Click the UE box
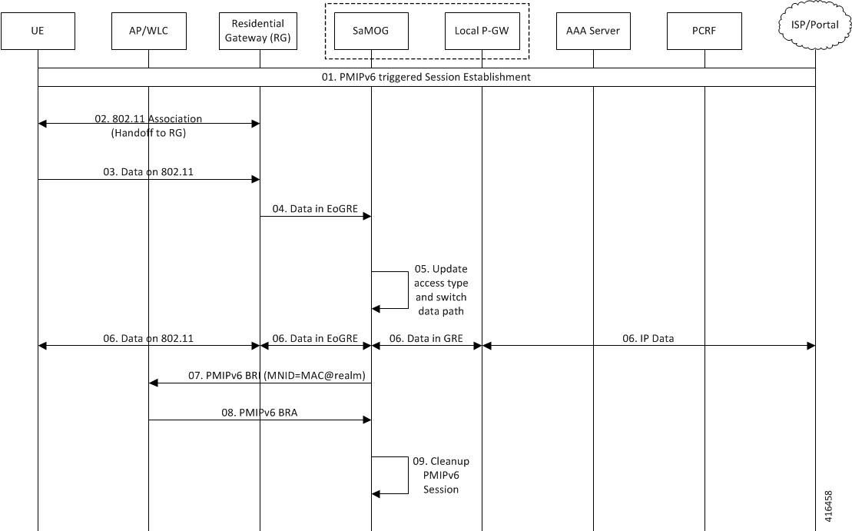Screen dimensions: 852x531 pos(38,31)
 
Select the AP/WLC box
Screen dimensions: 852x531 pos(149,31)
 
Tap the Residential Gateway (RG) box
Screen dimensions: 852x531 pos(258,31)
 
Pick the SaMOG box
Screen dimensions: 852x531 pos(371,31)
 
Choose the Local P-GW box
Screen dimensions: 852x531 pos(482,31)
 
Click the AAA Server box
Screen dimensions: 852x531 pos(593,31)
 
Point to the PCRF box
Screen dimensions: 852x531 pos(704,31)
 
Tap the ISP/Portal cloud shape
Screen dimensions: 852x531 pos(815,25)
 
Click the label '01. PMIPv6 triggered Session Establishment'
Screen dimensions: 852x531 pos(426,77)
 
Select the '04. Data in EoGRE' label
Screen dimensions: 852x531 pos(315,209)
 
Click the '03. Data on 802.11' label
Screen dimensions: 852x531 pos(148,171)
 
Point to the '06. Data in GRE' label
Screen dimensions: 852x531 pos(426,339)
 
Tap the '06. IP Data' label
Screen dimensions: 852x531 pos(648,339)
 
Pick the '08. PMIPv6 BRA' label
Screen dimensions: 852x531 pos(259,413)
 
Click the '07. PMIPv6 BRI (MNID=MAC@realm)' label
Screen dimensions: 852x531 pos(277,376)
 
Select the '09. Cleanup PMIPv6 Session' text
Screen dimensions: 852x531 pos(441,475)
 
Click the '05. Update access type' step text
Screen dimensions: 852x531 pos(441,276)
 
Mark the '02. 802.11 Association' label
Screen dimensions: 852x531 pos(148,118)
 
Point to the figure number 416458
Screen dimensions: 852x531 pos(828,506)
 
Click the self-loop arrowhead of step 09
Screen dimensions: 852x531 pos(376,493)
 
